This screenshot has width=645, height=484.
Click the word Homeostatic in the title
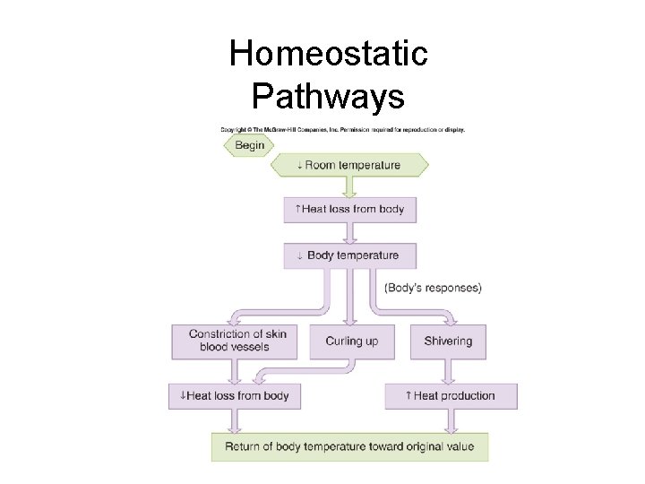click(328, 55)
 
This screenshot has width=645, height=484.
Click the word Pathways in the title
click(328, 95)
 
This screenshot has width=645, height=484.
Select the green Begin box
click(250, 145)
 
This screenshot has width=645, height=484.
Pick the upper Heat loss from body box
click(350, 209)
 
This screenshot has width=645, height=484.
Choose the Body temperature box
click(350, 255)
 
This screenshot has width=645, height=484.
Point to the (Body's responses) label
click(433, 288)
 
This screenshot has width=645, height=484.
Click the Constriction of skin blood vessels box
click(237, 341)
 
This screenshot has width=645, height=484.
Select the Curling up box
click(351, 341)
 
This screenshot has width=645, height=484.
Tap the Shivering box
click(448, 341)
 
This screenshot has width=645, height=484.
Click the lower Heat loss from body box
click(235, 395)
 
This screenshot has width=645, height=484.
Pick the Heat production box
click(451, 395)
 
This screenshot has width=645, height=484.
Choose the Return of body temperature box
click(349, 446)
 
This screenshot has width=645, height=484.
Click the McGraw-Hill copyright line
click(355, 130)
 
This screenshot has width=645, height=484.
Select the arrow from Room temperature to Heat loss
click(350, 186)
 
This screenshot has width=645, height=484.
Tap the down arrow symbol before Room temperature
click(300, 165)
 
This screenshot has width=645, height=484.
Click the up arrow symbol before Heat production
click(408, 395)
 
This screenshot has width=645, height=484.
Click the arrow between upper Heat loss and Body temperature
click(350, 232)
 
